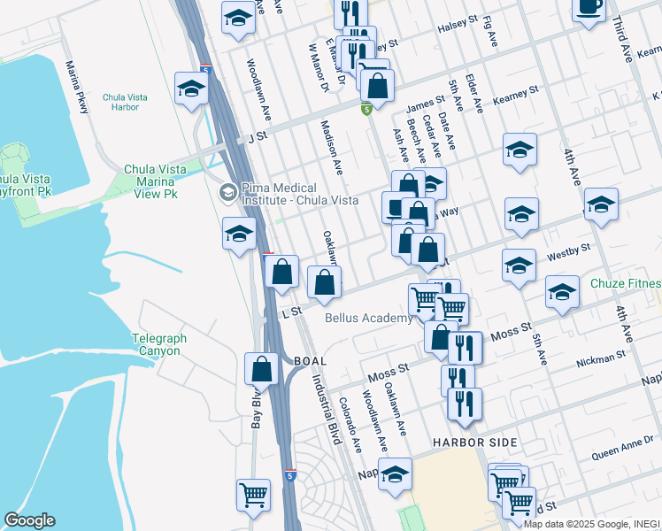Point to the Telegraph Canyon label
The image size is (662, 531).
[x=156, y=344]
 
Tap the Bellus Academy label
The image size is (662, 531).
[x=368, y=318]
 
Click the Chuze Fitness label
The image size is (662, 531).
[x=627, y=284]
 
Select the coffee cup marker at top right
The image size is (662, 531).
[x=589, y=8]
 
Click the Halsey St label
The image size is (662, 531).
[x=458, y=29]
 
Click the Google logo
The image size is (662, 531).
[x=29, y=520]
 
